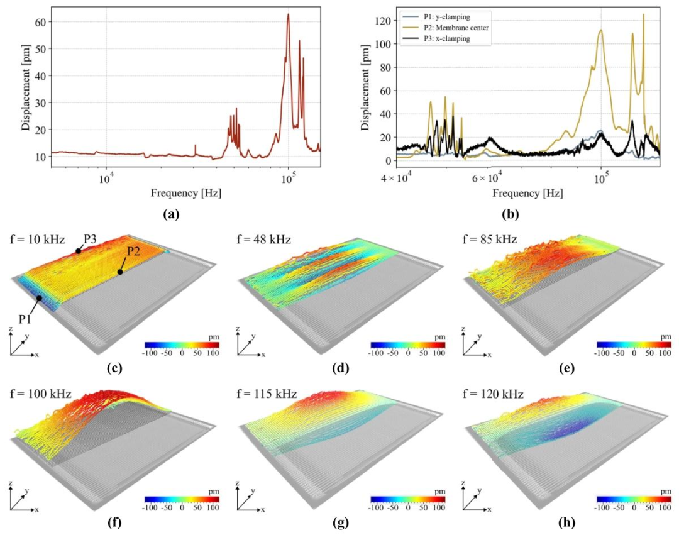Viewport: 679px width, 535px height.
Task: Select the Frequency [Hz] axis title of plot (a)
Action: pyautogui.click(x=185, y=192)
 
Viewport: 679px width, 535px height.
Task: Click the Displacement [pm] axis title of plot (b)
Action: pyautogui.click(x=366, y=87)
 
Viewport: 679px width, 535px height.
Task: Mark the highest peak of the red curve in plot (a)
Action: pyautogui.click(x=288, y=14)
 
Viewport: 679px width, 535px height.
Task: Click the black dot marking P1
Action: pyautogui.click(x=40, y=298)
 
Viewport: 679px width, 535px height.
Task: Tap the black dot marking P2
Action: pyautogui.click(x=120, y=272)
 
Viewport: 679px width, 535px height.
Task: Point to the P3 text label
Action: pyautogui.click(x=90, y=240)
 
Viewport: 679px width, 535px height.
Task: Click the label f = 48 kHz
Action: pyautogui.click(x=263, y=239)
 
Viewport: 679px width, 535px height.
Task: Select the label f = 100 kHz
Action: pyautogui.click(x=40, y=394)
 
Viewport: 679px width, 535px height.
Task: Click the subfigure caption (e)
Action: pyautogui.click(x=566, y=368)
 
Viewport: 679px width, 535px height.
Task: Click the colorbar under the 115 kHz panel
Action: pyautogui.click(x=408, y=499)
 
